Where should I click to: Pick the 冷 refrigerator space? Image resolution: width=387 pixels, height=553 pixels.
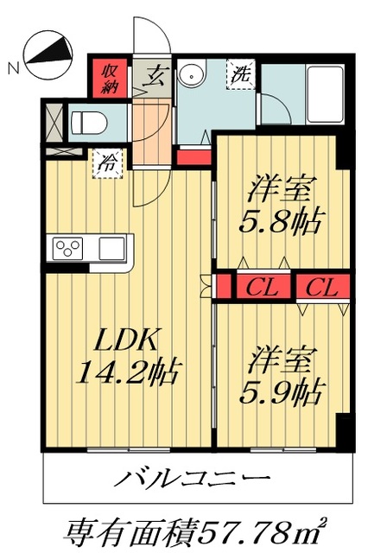pos(109,162)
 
